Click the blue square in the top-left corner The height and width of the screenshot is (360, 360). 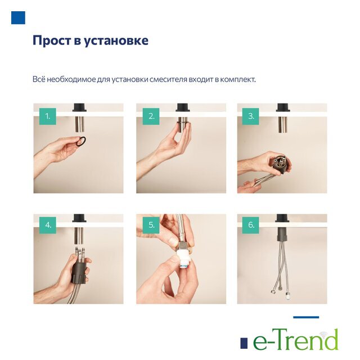point(18,17)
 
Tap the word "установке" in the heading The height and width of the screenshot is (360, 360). point(116,41)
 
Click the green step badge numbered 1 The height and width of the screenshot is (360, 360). point(47,116)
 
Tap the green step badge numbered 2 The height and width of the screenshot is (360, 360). point(151,116)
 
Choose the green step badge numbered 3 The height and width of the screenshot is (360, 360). point(251,116)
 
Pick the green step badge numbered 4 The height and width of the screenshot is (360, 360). point(47,225)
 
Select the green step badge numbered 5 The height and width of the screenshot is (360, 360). point(151,225)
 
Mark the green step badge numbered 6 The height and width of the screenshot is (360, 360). point(251,225)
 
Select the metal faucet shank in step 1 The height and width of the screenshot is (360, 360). point(79,124)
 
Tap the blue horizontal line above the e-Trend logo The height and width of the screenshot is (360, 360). point(306,317)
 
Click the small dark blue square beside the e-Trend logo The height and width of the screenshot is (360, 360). point(244,344)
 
